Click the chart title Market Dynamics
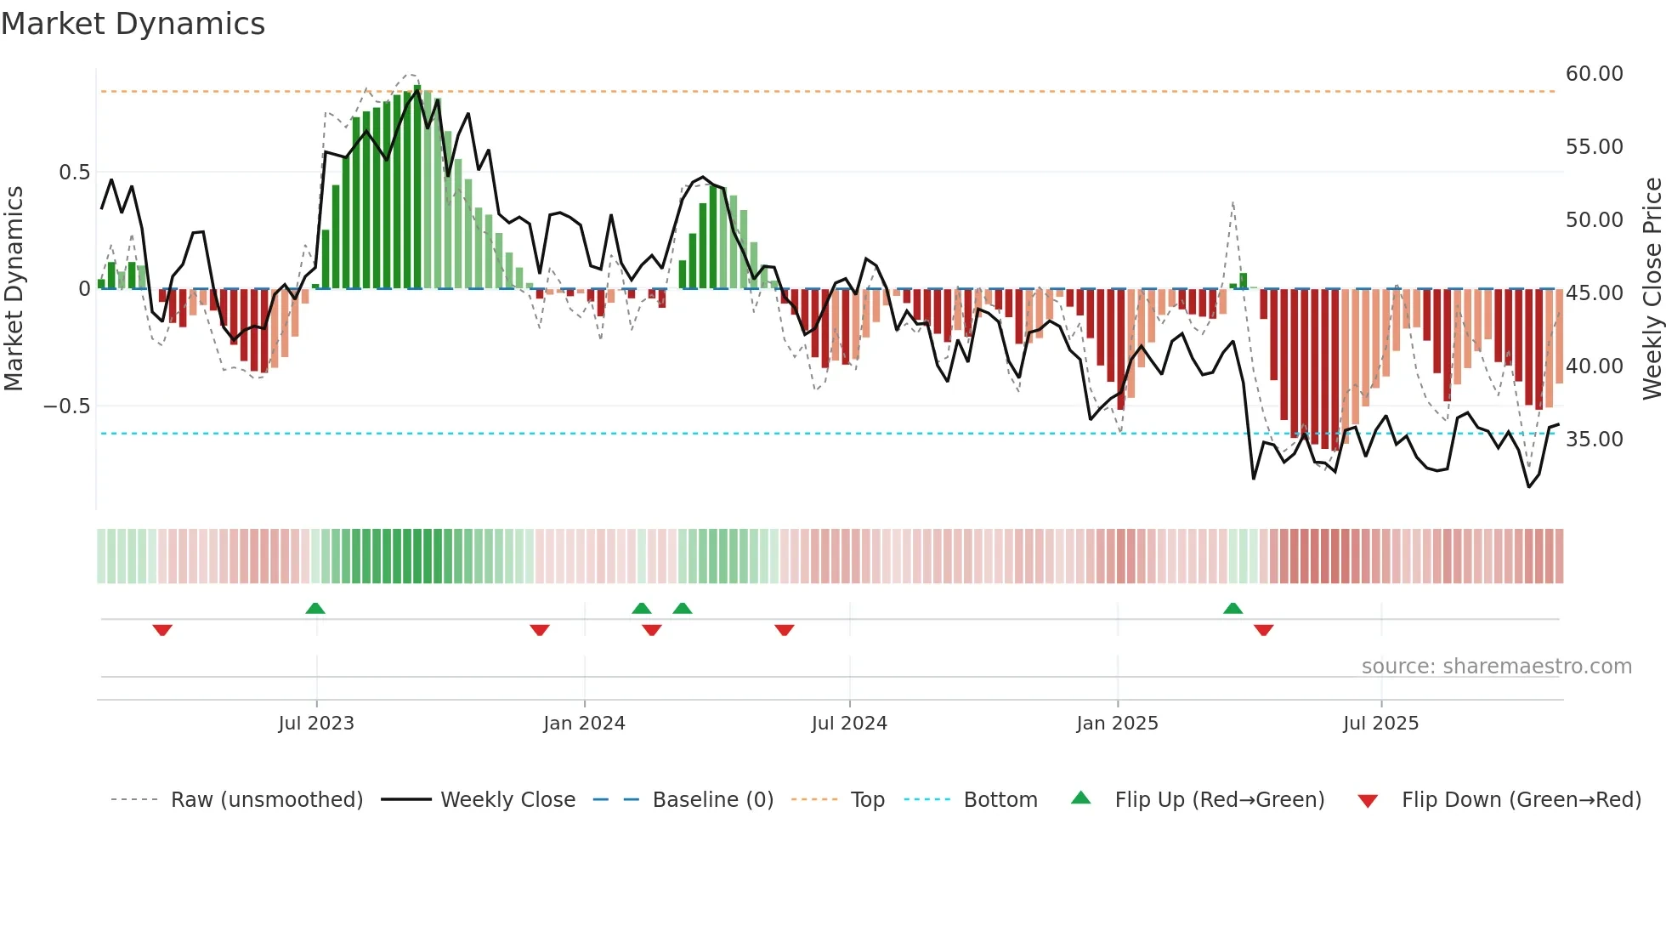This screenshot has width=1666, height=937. [x=133, y=24]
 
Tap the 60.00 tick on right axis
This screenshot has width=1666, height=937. [x=1594, y=74]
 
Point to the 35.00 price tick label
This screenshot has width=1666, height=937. [x=1594, y=440]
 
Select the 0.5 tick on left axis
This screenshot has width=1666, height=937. [x=74, y=173]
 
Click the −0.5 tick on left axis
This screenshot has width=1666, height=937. [x=66, y=406]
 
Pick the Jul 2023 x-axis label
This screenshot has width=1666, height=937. [x=315, y=724]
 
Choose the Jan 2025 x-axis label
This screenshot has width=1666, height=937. [x=1116, y=724]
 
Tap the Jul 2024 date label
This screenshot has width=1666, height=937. [x=848, y=724]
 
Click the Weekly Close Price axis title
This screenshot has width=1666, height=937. [x=1652, y=288]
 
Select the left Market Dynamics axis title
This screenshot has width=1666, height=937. [x=14, y=288]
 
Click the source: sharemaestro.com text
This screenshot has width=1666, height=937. [x=1496, y=667]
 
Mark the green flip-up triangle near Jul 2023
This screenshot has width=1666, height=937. [x=315, y=608]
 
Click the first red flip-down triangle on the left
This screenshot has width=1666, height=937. [x=162, y=630]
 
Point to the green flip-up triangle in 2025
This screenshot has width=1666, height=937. [x=1232, y=608]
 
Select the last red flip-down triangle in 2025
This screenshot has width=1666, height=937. [x=1263, y=630]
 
